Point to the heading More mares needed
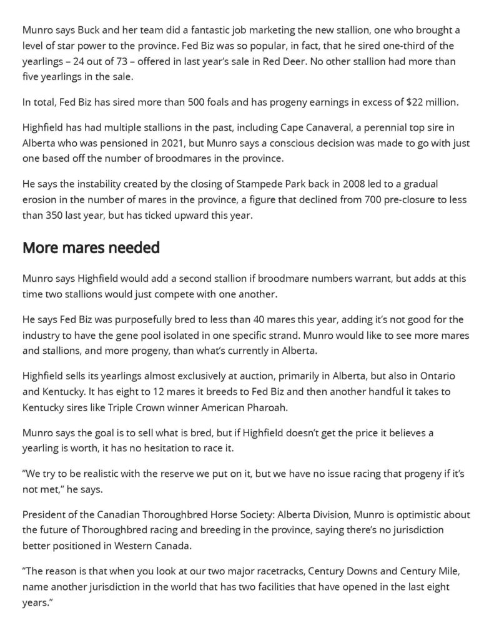(91, 248)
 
